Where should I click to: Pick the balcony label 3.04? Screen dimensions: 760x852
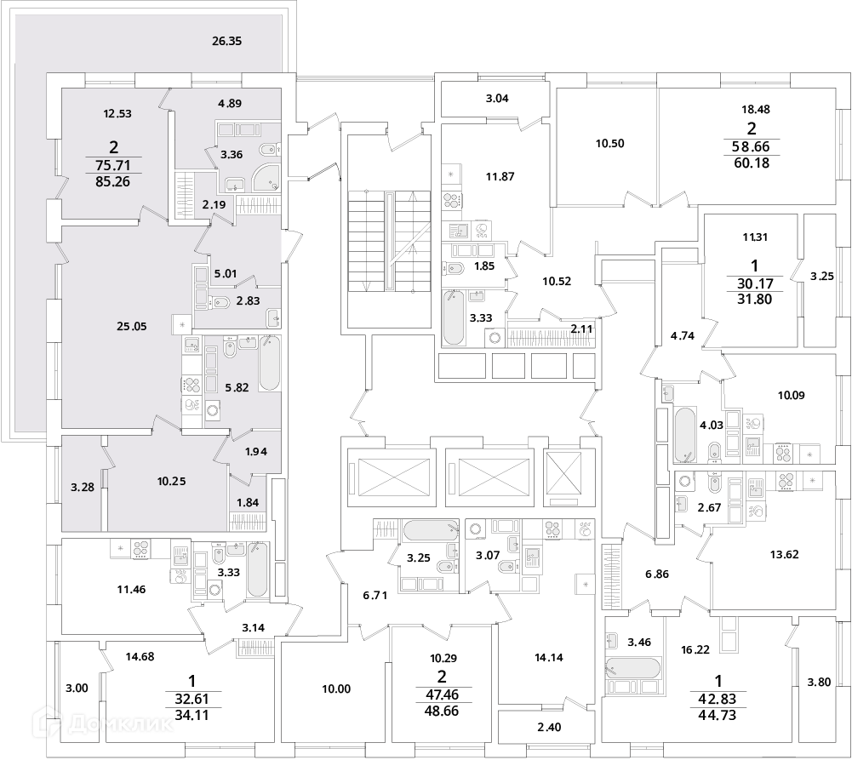(497, 99)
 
